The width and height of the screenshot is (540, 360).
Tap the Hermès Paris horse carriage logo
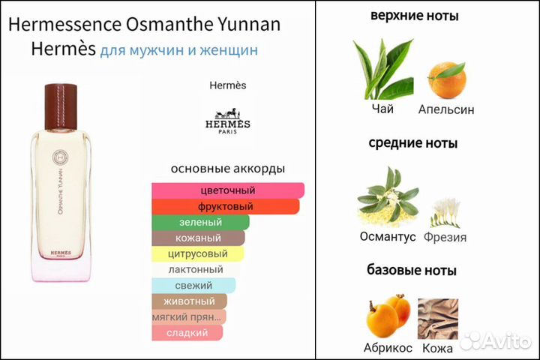pos(227,121)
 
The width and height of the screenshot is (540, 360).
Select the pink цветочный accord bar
pos(228,190)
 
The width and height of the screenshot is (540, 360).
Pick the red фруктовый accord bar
pos(226,206)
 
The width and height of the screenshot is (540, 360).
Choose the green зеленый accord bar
pos(200,222)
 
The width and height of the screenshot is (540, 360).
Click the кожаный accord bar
pos(198,238)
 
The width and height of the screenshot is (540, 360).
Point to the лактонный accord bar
pos(196,269)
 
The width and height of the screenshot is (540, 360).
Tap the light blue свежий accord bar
pos(193,285)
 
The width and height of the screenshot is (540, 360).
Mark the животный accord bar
pos(193,301)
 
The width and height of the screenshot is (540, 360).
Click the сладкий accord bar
pos(187,332)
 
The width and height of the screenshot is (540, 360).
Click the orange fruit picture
pos(446,78)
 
